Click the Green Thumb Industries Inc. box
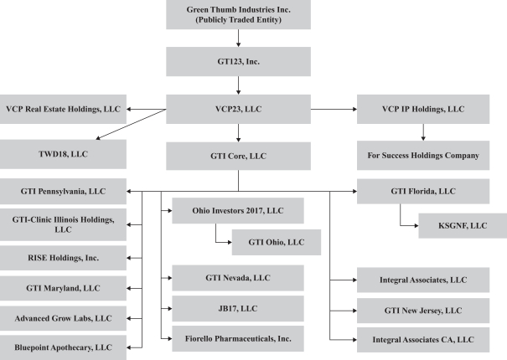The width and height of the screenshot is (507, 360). pyautogui.click(x=238, y=14)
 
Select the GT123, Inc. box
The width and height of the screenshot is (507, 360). pyautogui.click(x=238, y=62)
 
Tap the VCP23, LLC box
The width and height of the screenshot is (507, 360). pyautogui.click(x=238, y=109)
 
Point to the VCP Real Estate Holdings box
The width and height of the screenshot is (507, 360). pyautogui.click(x=63, y=109)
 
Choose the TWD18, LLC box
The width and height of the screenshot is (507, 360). pyautogui.click(x=63, y=154)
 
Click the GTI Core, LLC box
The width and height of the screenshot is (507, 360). pyautogui.click(x=238, y=156)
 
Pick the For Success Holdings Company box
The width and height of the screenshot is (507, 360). pyautogui.click(x=423, y=156)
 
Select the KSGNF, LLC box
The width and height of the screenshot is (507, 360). pyautogui.click(x=463, y=225)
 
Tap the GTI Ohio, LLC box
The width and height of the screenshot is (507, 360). pyautogui.click(x=277, y=242)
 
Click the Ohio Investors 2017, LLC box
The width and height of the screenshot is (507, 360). pyautogui.click(x=238, y=211)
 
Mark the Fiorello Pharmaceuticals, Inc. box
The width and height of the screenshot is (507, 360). pyautogui.click(x=238, y=339)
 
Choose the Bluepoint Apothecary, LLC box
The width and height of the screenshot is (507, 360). pyautogui.click(x=63, y=347)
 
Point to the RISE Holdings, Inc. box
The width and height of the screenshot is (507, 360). pyautogui.click(x=63, y=258)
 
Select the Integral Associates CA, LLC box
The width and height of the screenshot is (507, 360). pyautogui.click(x=423, y=340)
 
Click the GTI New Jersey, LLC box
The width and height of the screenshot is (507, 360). pyautogui.click(x=423, y=311)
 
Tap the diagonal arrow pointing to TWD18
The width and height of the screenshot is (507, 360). pyautogui.click(x=131, y=125)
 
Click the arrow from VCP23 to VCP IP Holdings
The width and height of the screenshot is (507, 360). pyautogui.click(x=334, y=109)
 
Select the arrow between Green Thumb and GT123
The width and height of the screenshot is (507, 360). pyautogui.click(x=238, y=39)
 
